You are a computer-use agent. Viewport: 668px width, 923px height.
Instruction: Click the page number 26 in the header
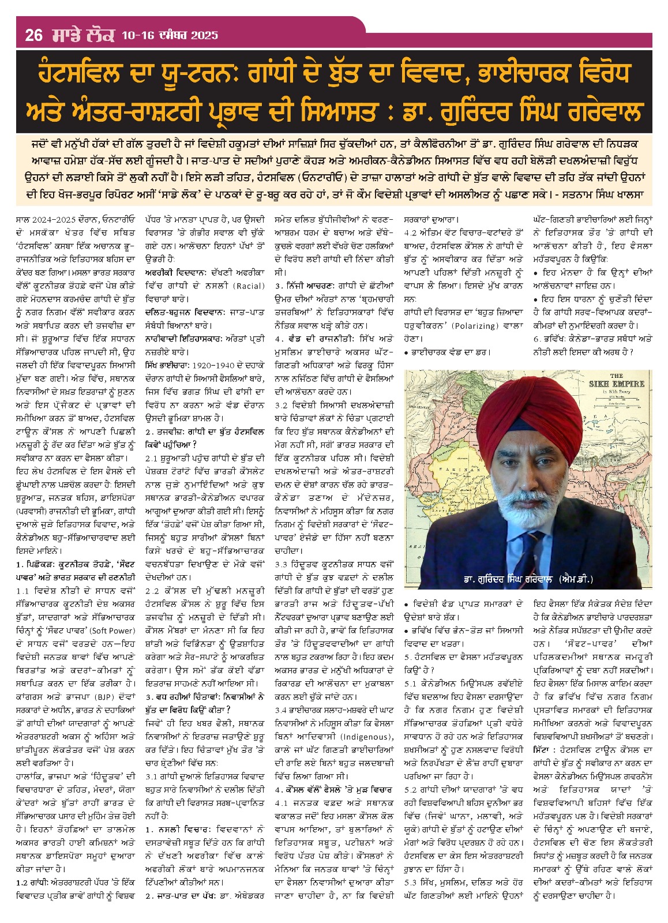tap(34, 36)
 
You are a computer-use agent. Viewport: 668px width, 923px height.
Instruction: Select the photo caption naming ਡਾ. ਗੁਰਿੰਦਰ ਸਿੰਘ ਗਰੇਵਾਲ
tap(528, 579)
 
